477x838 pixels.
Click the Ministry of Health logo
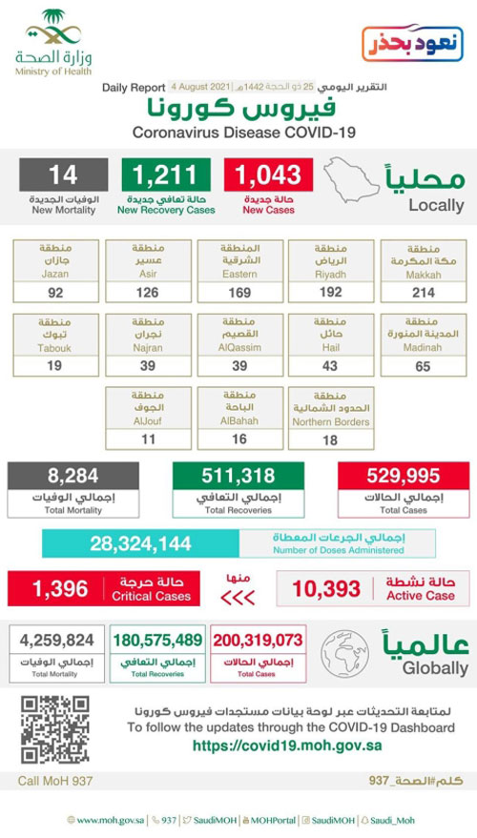coord(54,43)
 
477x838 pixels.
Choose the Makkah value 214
coord(422,293)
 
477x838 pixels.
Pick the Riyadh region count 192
coord(329,293)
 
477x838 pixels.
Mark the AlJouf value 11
coord(146,439)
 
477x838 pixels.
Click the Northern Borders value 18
coord(329,439)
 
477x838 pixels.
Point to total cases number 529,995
coord(403,477)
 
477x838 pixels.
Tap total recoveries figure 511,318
coord(238,477)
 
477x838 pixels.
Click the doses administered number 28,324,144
coord(141,543)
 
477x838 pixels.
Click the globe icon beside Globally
coord(344,653)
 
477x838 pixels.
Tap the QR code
coord(54,729)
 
